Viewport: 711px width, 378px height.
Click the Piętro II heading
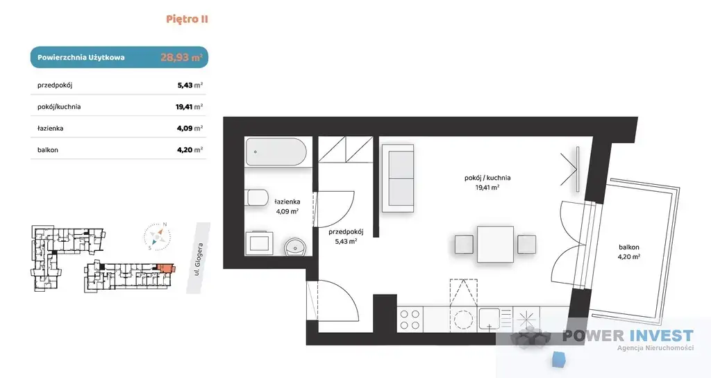click(x=187, y=19)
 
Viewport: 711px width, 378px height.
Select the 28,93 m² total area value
click(x=181, y=58)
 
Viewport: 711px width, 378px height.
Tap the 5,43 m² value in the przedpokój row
click(x=190, y=85)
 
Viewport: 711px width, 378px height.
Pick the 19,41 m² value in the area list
click(x=189, y=106)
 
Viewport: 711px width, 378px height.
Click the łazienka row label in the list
click(x=50, y=129)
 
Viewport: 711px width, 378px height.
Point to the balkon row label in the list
click(x=48, y=150)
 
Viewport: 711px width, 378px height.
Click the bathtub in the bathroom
click(x=276, y=152)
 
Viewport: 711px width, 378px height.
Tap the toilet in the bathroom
click(x=257, y=198)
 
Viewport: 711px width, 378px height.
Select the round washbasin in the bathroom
click(x=296, y=247)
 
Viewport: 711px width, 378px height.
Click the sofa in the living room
click(x=398, y=179)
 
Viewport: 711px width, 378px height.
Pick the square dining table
click(x=495, y=244)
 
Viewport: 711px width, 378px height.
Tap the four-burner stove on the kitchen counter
click(x=410, y=319)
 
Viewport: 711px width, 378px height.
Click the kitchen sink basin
click(x=490, y=318)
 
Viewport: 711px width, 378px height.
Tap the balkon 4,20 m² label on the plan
click(x=629, y=252)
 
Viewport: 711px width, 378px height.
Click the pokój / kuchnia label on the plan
click(x=487, y=178)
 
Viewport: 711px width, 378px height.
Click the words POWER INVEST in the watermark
click(x=628, y=336)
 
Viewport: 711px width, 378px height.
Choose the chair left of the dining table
click(x=465, y=244)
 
